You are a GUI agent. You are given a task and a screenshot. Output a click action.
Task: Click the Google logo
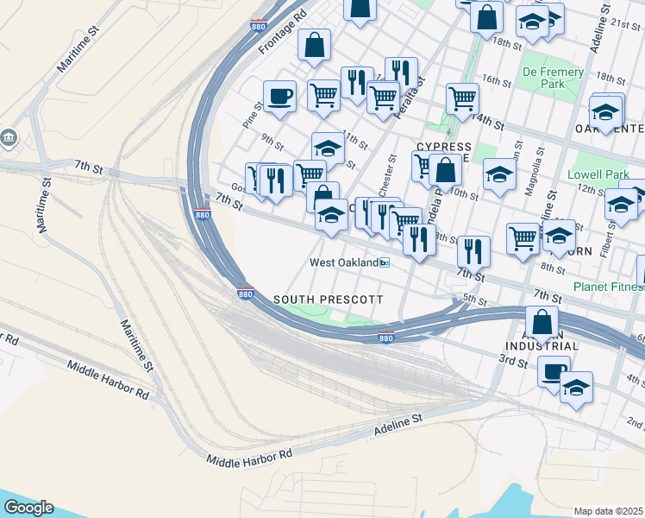28,508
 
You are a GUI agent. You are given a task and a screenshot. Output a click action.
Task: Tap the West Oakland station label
345,262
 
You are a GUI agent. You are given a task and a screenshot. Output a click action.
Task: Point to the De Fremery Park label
553,79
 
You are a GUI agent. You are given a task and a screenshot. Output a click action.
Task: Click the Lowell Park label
604,174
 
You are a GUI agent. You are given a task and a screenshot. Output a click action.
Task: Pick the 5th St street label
476,299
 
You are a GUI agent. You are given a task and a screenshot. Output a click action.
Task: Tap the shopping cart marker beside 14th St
463,99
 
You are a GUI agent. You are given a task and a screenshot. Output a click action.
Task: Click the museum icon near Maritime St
9,137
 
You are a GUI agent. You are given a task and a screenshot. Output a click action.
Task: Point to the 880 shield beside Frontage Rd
259,27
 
